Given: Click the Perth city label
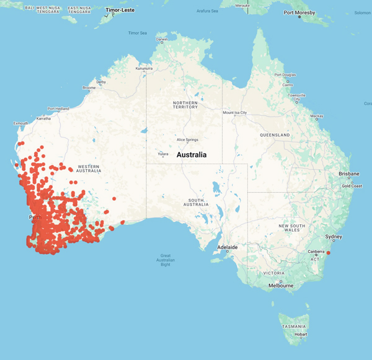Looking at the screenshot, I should [x=35, y=217].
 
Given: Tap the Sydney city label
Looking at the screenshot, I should [x=334, y=237].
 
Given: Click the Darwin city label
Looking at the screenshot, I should [x=162, y=39].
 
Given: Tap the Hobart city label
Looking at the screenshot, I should [x=301, y=334].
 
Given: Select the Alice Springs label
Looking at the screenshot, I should [x=187, y=140].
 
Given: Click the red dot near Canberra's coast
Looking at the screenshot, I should [x=329, y=253].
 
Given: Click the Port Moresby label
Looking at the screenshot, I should [x=301, y=12].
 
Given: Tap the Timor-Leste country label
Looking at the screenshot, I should [x=121, y=11].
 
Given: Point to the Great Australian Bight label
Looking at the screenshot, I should [x=166, y=260].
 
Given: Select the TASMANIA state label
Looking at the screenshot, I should [x=293, y=326].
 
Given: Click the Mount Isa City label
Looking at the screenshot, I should [x=235, y=113].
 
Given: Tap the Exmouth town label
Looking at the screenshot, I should [x=21, y=123].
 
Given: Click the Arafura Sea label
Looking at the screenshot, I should [x=207, y=11].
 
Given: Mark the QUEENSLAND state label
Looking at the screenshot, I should [x=275, y=134].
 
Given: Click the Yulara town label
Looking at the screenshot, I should [x=163, y=154].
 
